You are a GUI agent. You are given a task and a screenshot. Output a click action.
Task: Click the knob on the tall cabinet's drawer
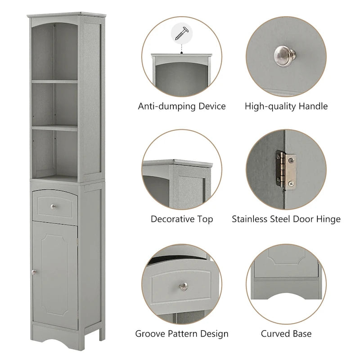(x=53, y=207)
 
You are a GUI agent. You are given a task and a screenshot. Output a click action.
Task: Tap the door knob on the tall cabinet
(x=34, y=271)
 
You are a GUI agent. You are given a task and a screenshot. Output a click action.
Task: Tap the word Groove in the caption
(x=151, y=334)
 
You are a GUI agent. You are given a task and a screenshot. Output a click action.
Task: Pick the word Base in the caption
(x=302, y=334)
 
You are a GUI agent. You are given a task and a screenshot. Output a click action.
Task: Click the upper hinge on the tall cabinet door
(x=78, y=243)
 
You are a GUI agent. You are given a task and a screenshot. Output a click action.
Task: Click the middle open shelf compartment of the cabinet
(x=54, y=103)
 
